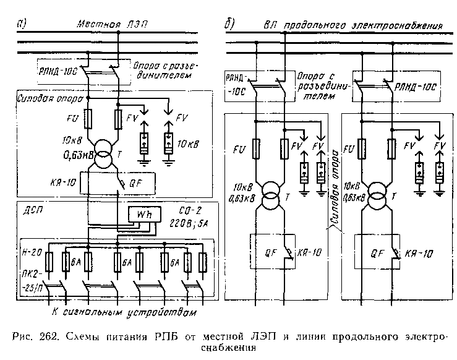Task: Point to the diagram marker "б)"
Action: point(229,25)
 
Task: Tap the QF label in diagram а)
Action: point(135,182)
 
